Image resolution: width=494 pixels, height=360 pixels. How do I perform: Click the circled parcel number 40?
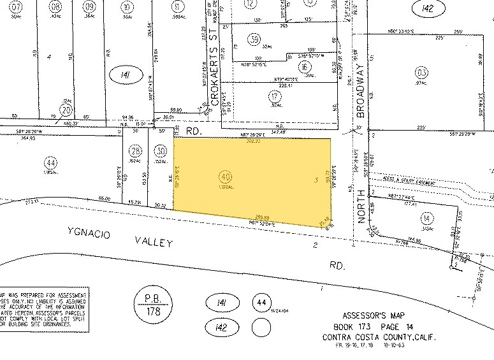(224, 175)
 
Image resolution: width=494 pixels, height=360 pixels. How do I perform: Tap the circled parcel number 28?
(134, 151)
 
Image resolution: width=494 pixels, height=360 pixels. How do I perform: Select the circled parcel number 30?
(161, 151)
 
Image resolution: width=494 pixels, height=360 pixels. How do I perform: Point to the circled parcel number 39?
(256, 40)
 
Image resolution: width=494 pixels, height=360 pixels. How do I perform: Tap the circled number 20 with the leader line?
(64, 109)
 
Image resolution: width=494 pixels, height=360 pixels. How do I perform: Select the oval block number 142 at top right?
(427, 8)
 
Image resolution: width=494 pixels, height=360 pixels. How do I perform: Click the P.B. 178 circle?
(152, 304)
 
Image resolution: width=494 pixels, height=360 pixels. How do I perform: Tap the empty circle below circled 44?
(260, 328)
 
